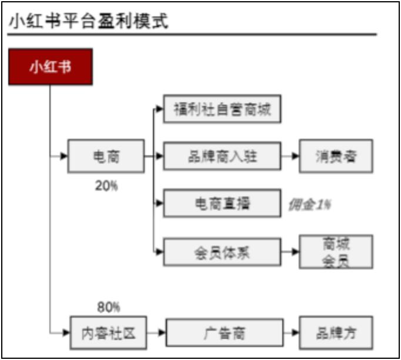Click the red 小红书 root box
[x=51, y=66]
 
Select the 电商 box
[x=106, y=156]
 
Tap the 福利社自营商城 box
[x=222, y=109]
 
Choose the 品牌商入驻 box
[x=222, y=156]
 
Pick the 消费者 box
[x=336, y=156]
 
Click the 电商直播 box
[x=222, y=203]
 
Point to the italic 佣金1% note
[x=310, y=205]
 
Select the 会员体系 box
[x=222, y=252]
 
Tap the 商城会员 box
[x=336, y=252]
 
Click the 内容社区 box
[x=108, y=332]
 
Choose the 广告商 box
[x=225, y=332]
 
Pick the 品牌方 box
[x=336, y=332]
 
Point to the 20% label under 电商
[x=106, y=185]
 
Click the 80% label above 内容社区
[x=108, y=307]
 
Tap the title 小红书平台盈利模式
[x=88, y=21]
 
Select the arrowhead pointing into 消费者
[x=295, y=156]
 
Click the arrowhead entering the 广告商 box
[x=162, y=332]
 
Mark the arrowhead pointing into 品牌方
[x=295, y=332]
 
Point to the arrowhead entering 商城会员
[x=295, y=252]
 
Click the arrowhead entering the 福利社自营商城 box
[x=159, y=109]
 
